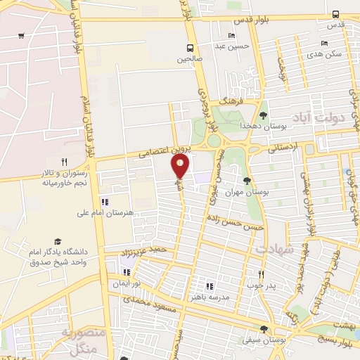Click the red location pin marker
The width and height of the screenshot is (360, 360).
pos(181,166)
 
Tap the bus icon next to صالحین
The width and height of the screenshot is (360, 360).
pos(190,48)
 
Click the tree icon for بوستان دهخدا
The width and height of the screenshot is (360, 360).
pos(264,115)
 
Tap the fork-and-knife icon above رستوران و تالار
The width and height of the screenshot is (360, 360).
pos(64,162)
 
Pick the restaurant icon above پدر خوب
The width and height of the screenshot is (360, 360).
pos(260,274)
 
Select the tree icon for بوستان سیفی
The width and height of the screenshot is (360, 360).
pos(264,328)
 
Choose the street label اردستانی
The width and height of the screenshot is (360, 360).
pos(283,148)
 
